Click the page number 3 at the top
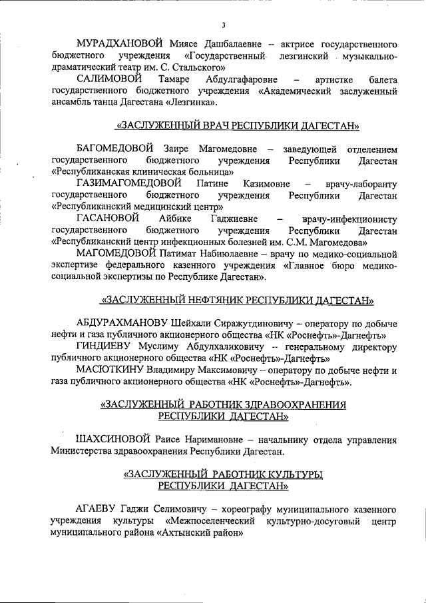pos(224,26)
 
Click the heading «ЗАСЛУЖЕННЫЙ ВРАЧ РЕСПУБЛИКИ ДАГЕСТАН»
pos(238,125)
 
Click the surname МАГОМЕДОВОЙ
pos(116,254)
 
